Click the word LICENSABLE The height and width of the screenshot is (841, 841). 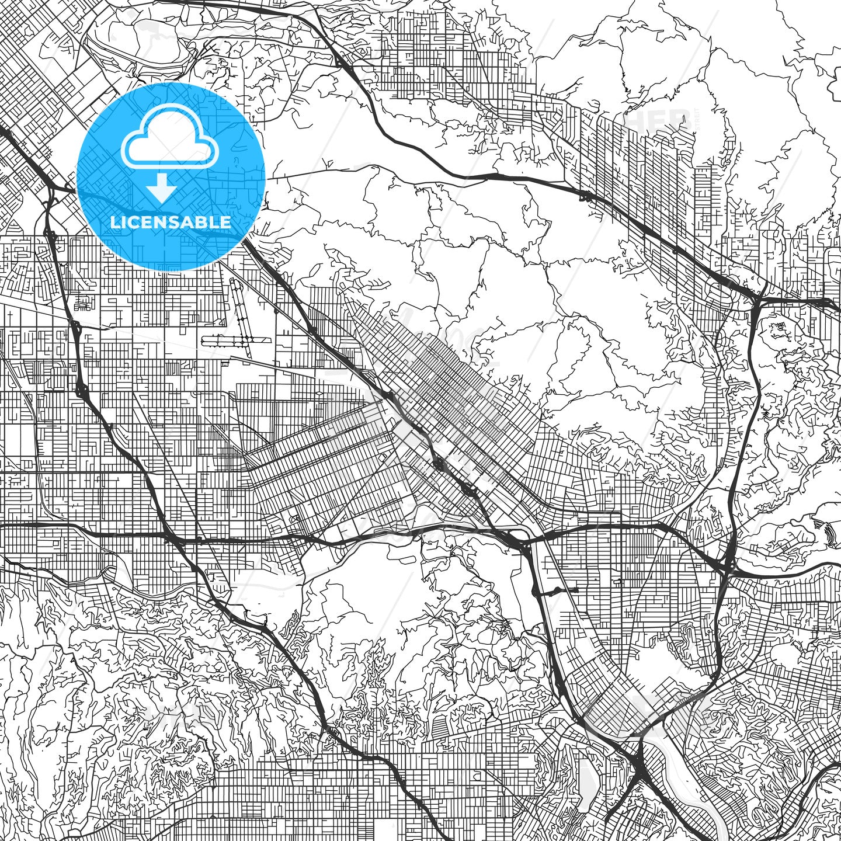coord(171,222)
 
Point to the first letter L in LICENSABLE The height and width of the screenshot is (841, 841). coord(114,222)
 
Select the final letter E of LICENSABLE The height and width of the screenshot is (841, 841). coord(226,222)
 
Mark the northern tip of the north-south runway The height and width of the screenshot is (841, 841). coord(234,280)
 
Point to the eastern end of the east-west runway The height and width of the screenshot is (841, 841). coord(272,339)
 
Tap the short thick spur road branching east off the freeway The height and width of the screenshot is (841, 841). coord(558,592)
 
